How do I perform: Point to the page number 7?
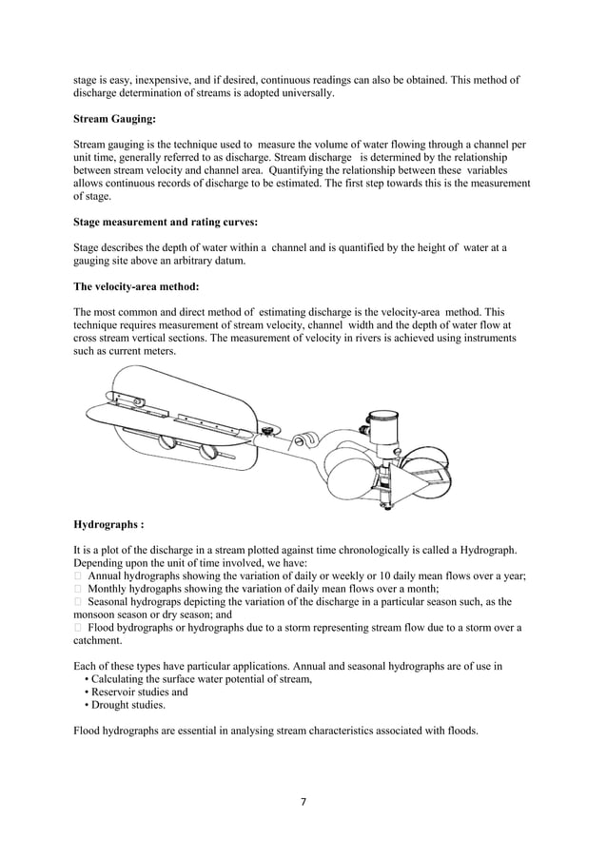(x=303, y=802)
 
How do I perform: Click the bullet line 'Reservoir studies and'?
(x=140, y=692)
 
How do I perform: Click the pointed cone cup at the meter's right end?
(x=420, y=484)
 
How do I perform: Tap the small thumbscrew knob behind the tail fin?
(x=269, y=433)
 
